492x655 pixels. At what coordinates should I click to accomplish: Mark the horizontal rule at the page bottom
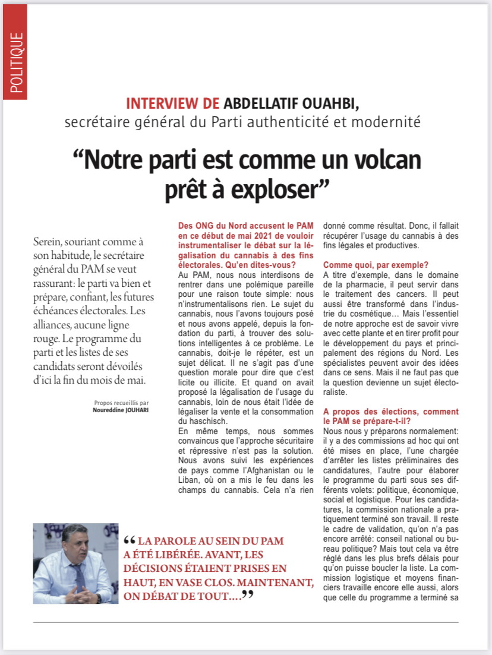245,622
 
